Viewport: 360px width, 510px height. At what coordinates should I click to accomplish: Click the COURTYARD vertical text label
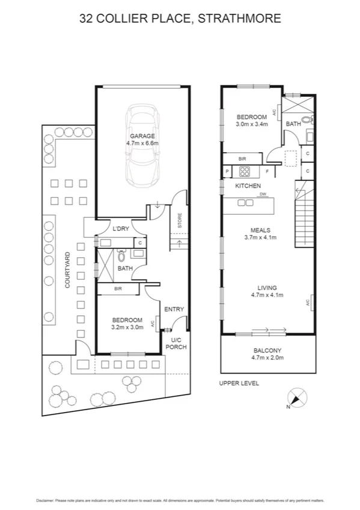click(69, 271)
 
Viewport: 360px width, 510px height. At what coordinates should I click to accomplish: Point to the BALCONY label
click(267, 351)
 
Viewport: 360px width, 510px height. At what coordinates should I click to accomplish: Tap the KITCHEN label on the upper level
click(248, 186)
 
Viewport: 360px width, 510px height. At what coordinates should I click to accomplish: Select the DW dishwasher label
click(263, 194)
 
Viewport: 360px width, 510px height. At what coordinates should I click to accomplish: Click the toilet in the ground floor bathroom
click(122, 255)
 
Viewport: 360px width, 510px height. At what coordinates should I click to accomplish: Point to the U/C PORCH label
click(177, 343)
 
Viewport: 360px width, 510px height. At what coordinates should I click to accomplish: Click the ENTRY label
click(174, 309)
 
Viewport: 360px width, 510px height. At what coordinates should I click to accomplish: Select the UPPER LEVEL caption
click(238, 382)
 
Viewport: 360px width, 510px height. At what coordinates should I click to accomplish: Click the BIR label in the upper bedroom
click(242, 158)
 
